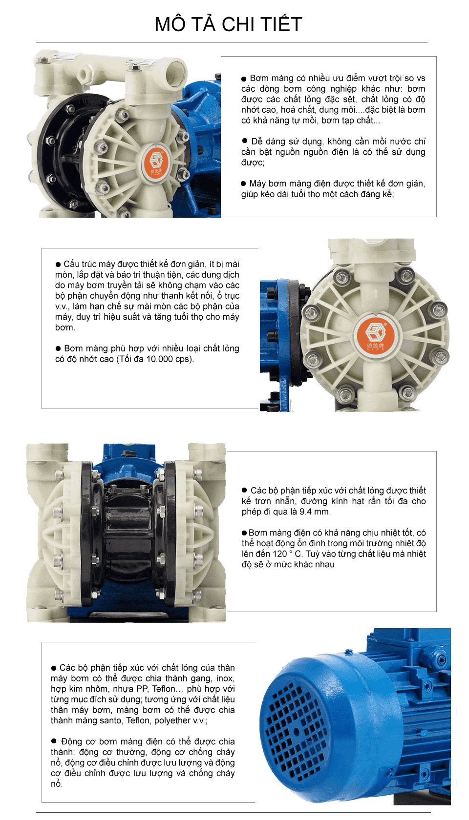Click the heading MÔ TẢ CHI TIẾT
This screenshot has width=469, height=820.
228,24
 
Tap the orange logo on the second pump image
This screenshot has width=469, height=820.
376,336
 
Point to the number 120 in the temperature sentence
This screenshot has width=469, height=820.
280,554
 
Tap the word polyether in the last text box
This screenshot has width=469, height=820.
172,720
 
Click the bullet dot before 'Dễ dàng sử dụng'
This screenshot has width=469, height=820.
245,141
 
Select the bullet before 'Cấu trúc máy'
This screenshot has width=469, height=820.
58,264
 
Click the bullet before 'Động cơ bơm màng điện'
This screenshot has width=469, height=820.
54,741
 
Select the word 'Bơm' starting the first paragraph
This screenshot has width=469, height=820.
259,78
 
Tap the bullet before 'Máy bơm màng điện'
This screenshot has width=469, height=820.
243,184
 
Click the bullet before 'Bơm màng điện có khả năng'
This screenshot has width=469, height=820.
244,533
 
